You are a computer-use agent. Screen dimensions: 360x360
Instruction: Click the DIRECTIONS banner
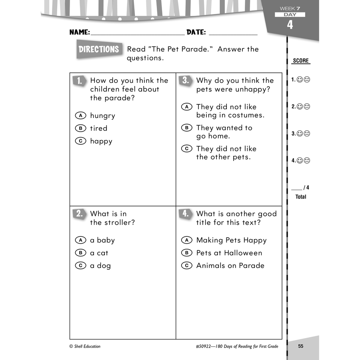99,49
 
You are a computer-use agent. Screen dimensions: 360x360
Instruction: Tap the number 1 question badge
80,81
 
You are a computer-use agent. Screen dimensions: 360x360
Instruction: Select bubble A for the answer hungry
80,116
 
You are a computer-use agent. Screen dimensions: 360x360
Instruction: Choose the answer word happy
101,141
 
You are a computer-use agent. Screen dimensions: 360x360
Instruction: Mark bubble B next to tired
80,128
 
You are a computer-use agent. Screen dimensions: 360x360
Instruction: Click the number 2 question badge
80,214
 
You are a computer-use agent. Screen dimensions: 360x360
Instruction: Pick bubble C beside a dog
80,266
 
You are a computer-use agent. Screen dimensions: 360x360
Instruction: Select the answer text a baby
102,240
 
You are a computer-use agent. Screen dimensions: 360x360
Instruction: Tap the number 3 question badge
186,81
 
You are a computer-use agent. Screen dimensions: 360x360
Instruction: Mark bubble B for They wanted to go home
186,128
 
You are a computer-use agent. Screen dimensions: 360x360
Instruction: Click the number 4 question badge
186,214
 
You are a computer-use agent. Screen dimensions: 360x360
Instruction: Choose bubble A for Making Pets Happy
186,240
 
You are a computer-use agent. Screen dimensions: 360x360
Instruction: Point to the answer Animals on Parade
230,266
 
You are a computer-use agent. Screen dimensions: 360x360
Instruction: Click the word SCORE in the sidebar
301,61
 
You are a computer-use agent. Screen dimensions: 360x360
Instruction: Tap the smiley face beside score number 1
300,80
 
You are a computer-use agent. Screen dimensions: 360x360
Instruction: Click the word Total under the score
301,197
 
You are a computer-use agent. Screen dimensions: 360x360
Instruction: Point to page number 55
301,346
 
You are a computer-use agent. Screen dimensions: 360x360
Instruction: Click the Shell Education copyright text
85,346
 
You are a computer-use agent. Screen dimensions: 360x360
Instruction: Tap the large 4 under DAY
290,25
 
